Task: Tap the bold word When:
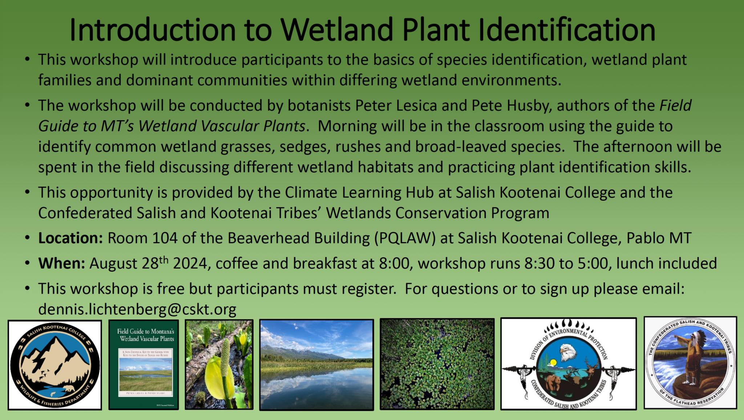pyautogui.click(x=61, y=264)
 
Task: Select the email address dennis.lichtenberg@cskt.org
pyautogui.click(x=137, y=309)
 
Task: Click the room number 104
pyautogui.click(x=165, y=238)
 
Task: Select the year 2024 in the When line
pyautogui.click(x=190, y=264)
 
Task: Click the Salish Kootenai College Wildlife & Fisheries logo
pyautogui.click(x=55, y=365)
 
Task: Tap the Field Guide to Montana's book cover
pyautogui.click(x=144, y=365)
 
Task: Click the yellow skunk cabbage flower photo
pyautogui.click(x=219, y=365)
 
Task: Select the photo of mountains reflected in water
pyautogui.click(x=316, y=365)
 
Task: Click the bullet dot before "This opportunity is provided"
pyautogui.click(x=27, y=192)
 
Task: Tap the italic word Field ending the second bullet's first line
pyautogui.click(x=675, y=106)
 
